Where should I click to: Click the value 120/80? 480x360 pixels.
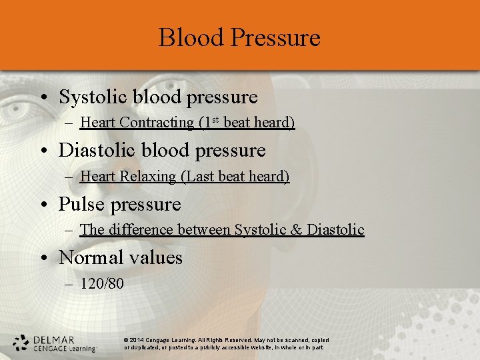pyautogui.click(x=102, y=284)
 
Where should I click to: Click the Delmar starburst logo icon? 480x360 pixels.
pyautogui.click(x=21, y=343)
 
